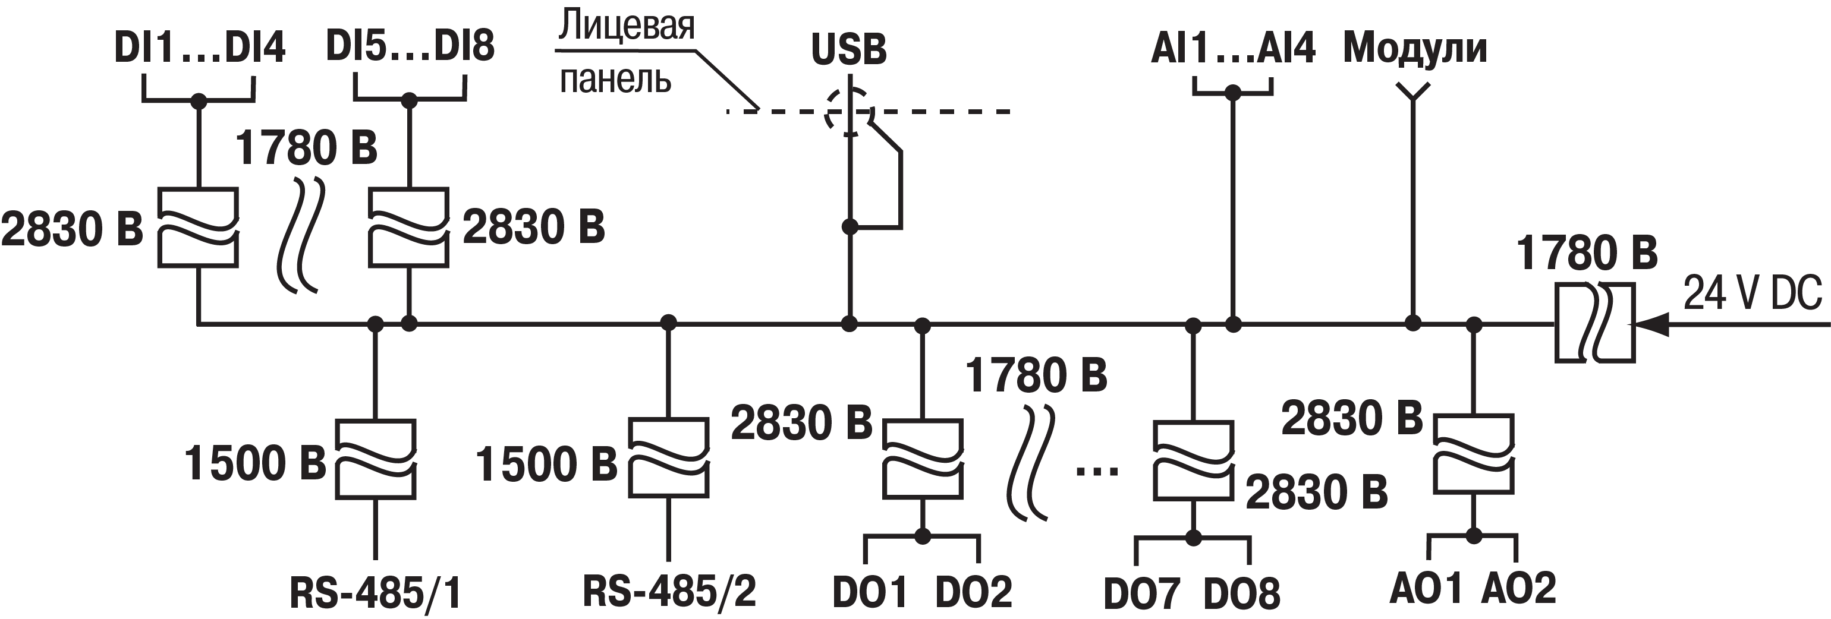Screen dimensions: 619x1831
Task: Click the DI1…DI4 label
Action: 199,48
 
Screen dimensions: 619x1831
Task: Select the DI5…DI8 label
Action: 410,46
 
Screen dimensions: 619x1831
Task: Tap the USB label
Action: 849,50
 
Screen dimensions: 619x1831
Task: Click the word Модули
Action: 1414,48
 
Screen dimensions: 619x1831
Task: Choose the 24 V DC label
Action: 1752,293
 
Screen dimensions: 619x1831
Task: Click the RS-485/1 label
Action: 375,593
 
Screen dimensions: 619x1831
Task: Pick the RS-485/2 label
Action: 669,591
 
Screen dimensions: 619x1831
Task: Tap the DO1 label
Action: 870,592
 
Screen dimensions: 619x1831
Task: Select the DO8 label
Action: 1242,593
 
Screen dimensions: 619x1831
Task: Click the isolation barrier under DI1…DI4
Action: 197,228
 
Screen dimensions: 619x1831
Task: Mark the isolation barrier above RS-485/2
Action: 668,457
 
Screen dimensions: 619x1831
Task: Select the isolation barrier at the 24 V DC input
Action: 1596,323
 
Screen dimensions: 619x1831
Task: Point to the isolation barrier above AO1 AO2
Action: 1474,453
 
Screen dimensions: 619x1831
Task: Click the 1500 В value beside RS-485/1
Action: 255,463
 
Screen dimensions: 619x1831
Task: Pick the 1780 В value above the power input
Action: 1587,254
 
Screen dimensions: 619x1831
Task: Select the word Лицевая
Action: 625,26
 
